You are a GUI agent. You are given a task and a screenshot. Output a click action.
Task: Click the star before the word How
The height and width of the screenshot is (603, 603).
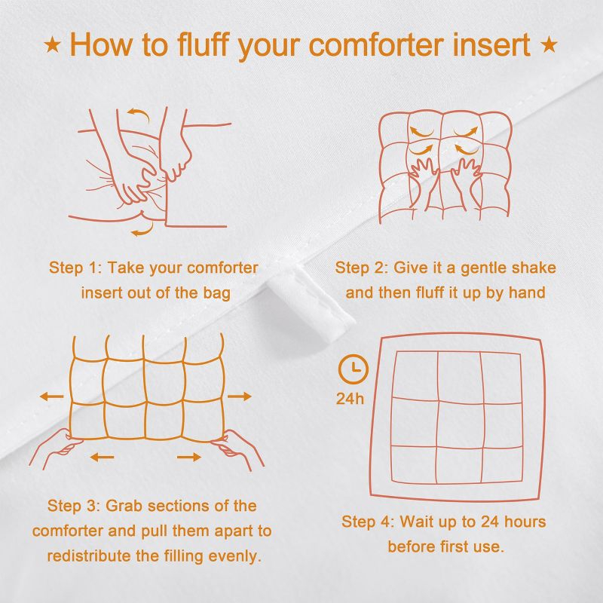53,45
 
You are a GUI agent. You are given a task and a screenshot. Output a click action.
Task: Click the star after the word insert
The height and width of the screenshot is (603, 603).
549,45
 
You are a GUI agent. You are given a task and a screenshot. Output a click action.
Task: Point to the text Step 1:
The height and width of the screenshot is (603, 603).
77,268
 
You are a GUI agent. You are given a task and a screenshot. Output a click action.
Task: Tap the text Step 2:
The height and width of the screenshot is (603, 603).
363,268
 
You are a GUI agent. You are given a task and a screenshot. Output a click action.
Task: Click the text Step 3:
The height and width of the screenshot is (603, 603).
75,506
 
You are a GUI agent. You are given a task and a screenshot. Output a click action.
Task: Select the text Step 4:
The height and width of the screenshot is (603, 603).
369,522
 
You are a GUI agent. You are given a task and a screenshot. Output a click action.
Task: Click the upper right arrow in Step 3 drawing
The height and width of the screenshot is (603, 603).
240,396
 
